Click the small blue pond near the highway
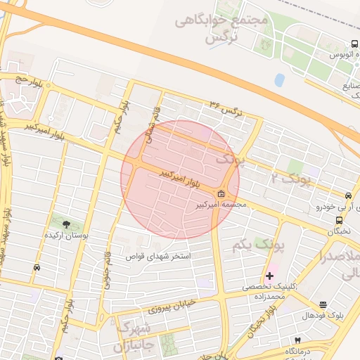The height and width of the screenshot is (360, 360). [281, 79]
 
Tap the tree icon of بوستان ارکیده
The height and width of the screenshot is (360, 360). [66, 224]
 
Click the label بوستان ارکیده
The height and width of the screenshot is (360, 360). [66, 236]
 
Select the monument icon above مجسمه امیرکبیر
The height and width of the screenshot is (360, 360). [221, 194]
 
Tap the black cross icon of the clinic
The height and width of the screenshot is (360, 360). [269, 275]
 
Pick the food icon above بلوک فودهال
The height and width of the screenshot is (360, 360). [323, 304]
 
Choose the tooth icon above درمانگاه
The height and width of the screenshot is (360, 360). [297, 340]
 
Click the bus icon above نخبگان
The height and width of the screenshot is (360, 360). [340, 220]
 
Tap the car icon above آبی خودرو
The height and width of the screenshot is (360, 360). [348, 195]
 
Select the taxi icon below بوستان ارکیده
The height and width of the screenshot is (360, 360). [36, 267]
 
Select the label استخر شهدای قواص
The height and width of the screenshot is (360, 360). [158, 257]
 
